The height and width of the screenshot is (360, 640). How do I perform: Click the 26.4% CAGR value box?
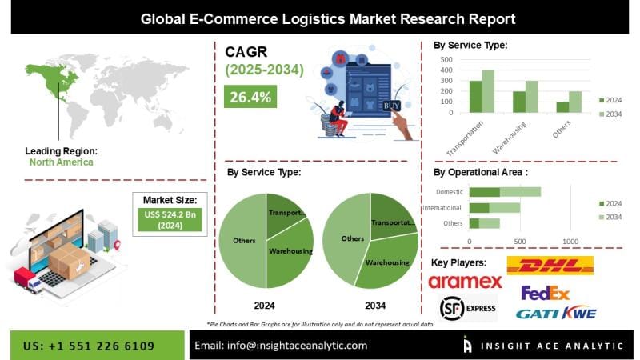(x=250, y=98)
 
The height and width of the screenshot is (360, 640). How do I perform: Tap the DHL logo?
(x=550, y=266)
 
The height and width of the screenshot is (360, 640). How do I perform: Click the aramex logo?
(x=465, y=282)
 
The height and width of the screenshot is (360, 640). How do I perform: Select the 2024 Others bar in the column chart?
(x=562, y=107)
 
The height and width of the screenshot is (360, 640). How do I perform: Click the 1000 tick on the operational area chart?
(x=570, y=241)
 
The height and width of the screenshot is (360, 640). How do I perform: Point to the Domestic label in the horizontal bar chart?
(x=450, y=192)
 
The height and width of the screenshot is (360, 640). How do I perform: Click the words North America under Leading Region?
(x=61, y=162)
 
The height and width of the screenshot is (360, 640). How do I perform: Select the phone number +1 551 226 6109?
(x=89, y=345)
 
